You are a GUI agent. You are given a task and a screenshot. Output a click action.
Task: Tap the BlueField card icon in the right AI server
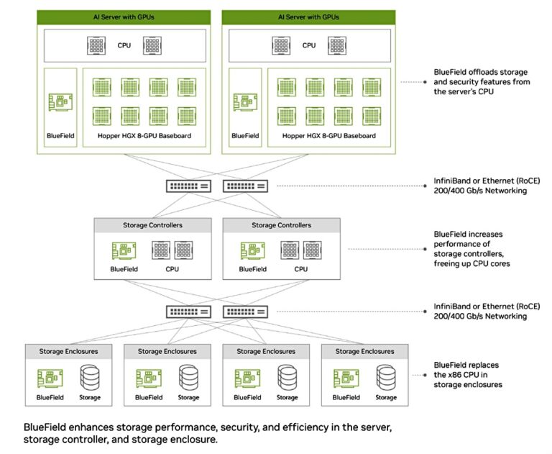click(x=245, y=102)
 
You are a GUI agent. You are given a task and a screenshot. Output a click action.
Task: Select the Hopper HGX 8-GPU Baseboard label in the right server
click(x=329, y=135)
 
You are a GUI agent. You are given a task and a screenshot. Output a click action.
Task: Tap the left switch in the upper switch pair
click(x=188, y=186)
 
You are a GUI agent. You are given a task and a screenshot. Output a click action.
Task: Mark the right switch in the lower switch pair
click(x=247, y=312)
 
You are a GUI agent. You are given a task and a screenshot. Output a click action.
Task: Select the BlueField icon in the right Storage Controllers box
click(x=252, y=250)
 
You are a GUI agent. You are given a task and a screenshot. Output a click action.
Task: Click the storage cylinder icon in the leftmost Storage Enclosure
click(x=89, y=377)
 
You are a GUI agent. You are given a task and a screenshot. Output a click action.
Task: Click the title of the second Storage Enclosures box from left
click(x=167, y=351)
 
